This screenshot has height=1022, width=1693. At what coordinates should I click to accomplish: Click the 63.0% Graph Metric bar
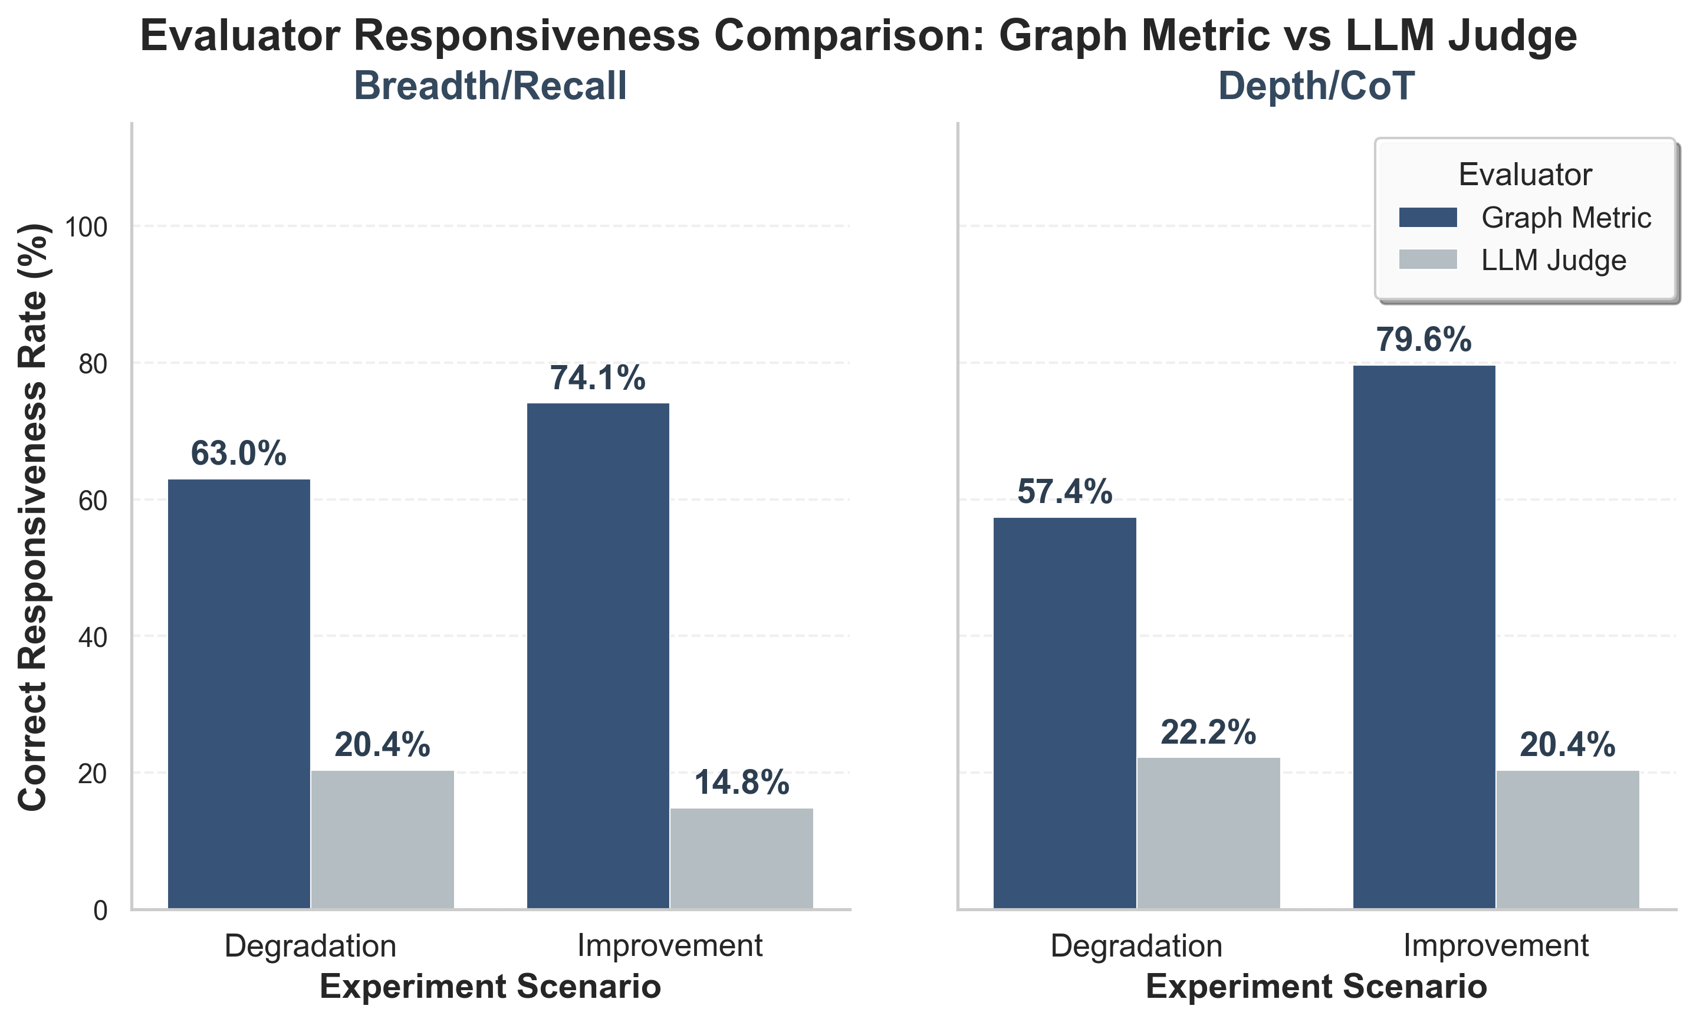(x=239, y=694)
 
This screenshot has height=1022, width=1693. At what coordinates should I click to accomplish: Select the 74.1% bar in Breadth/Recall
(x=598, y=656)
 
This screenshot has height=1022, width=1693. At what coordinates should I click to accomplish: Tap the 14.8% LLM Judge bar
(x=741, y=859)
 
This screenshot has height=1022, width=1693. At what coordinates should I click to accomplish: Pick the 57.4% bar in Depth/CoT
(x=1064, y=713)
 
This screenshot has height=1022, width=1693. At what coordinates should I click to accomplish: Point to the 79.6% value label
(x=1424, y=340)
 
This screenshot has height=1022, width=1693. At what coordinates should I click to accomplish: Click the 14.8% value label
(x=741, y=783)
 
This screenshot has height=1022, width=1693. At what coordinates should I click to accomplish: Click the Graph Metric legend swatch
(x=1428, y=218)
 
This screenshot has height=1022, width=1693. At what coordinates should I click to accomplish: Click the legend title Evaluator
(x=1525, y=175)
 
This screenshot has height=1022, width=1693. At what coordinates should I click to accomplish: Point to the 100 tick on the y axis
(x=87, y=227)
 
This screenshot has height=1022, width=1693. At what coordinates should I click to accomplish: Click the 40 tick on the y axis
(x=93, y=637)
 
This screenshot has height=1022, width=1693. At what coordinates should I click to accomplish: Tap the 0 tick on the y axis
(x=100, y=911)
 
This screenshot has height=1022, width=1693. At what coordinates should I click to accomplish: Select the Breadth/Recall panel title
(x=490, y=87)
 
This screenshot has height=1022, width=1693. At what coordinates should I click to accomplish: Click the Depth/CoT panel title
(x=1316, y=87)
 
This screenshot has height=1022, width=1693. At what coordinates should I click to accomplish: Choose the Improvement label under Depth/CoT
(x=1496, y=946)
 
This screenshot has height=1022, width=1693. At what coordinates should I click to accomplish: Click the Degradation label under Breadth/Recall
(x=311, y=946)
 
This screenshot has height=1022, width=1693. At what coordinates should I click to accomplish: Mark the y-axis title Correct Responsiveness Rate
(x=33, y=517)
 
